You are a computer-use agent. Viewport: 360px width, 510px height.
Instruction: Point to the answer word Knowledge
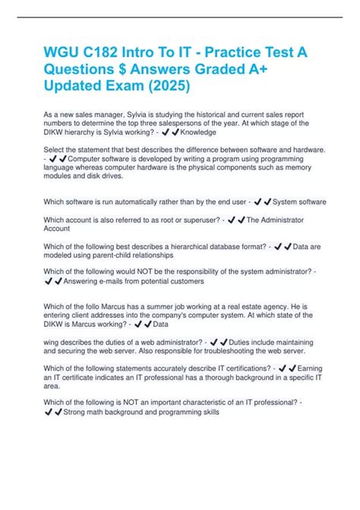click(x=198, y=131)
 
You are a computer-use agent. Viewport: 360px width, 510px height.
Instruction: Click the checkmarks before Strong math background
click(x=54, y=412)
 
